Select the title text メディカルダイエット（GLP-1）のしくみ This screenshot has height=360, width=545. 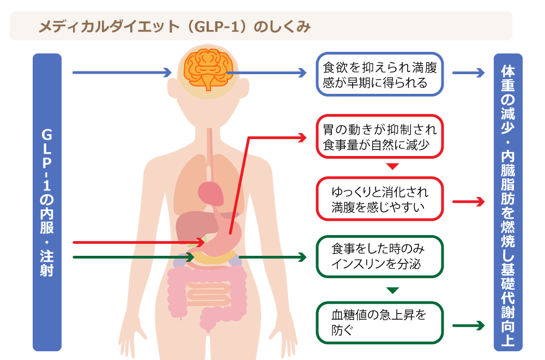(174, 27)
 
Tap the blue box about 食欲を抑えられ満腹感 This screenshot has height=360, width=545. (379, 74)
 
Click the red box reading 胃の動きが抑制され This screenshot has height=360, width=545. (379, 136)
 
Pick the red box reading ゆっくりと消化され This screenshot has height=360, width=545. (379, 199)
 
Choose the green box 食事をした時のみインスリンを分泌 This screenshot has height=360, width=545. (379, 256)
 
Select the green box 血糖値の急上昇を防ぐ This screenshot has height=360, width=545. (379, 322)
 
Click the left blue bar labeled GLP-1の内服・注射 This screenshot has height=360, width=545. (47, 202)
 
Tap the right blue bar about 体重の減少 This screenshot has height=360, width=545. (508, 202)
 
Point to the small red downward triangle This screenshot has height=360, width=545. (392, 166)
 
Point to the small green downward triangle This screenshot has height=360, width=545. (392, 290)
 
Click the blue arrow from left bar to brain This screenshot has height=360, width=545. (122, 73)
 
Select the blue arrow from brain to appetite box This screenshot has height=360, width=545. (267, 73)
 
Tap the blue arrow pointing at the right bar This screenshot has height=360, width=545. (468, 73)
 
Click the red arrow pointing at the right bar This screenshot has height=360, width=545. (468, 201)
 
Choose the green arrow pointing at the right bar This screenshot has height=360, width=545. (468, 326)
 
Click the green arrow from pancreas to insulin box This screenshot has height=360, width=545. (272, 257)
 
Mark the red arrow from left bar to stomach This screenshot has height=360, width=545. (138, 242)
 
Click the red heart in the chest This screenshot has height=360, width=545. (210, 193)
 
